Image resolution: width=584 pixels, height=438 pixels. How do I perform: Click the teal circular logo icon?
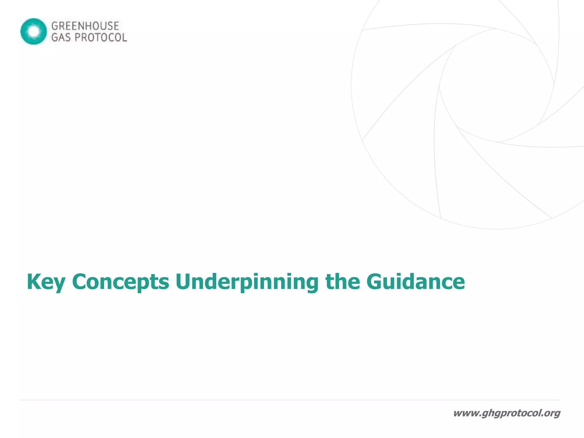tap(34, 31)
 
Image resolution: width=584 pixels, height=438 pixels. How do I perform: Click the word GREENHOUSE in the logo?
tap(85, 26)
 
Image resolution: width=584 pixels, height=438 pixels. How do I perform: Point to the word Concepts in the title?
tap(121, 282)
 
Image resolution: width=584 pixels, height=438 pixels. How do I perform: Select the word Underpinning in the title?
tap(247, 282)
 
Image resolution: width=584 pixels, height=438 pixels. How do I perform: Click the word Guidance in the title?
tap(415, 282)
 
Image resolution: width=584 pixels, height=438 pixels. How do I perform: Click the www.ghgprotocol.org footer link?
tap(506, 413)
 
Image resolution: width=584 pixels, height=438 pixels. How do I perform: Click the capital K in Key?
tap(33, 282)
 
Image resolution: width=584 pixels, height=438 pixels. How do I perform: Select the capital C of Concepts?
tap(80, 282)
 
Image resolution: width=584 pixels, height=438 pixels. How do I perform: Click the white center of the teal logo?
tap(34, 31)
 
